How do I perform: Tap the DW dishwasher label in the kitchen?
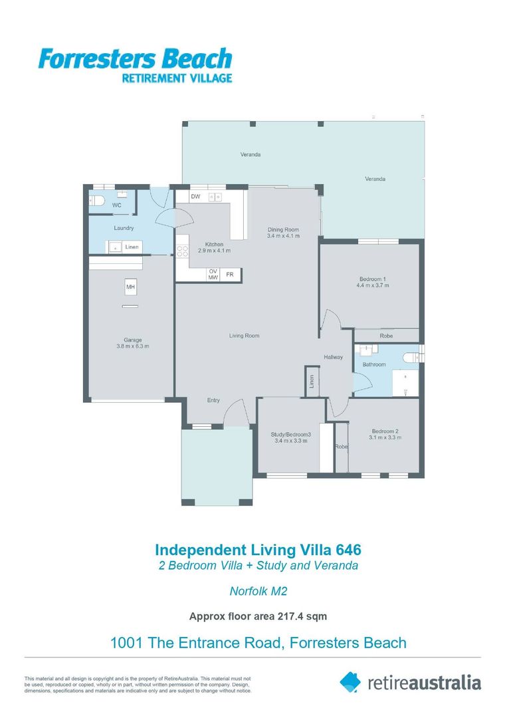coord(195,197)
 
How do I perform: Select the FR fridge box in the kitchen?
coord(230,275)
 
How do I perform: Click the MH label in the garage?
coord(131,287)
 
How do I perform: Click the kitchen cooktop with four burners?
coord(182,251)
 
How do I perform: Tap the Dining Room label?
coord(283,230)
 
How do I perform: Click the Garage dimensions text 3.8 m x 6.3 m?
coord(133,346)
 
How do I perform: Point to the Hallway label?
coord(333,357)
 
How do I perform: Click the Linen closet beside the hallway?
coord(312,381)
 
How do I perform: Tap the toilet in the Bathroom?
coord(412,357)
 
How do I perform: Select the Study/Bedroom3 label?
coord(291,435)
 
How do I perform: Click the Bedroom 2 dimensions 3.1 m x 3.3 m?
coord(385,437)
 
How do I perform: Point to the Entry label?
coord(213,400)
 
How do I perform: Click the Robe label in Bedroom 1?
coord(386,336)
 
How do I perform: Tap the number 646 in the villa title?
coord(349,550)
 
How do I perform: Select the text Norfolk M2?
coord(258,591)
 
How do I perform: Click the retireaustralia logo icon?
coord(350,682)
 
